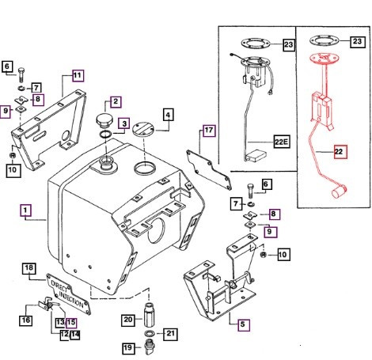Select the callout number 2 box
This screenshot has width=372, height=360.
(x=116, y=101)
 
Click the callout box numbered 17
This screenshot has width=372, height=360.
(x=208, y=131)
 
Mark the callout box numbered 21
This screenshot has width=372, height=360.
(x=169, y=333)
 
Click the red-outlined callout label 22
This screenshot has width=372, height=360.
(x=340, y=152)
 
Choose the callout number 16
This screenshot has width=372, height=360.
(x=25, y=320)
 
